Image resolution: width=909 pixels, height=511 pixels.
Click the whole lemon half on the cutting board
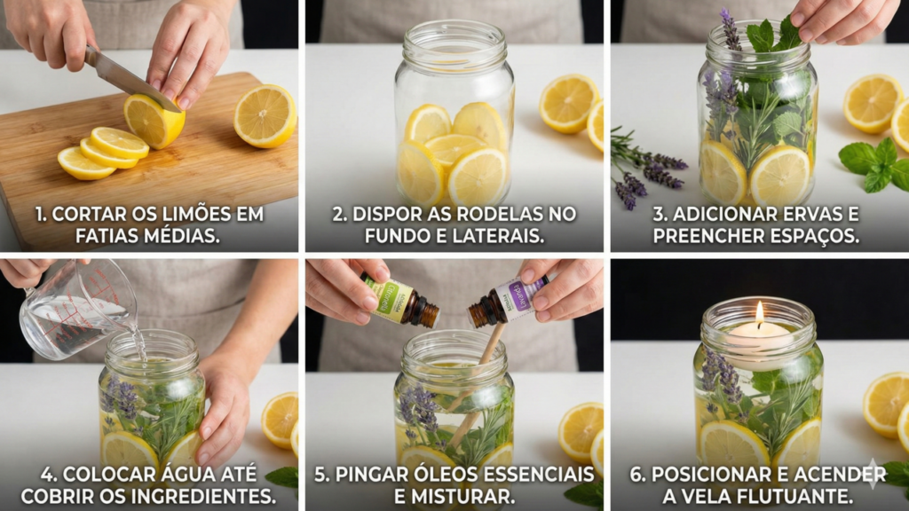point(265,115)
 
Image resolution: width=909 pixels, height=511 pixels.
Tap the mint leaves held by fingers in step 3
point(772,35)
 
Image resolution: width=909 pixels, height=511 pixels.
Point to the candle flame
point(759,313)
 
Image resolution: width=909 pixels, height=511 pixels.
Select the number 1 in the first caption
point(40,215)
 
